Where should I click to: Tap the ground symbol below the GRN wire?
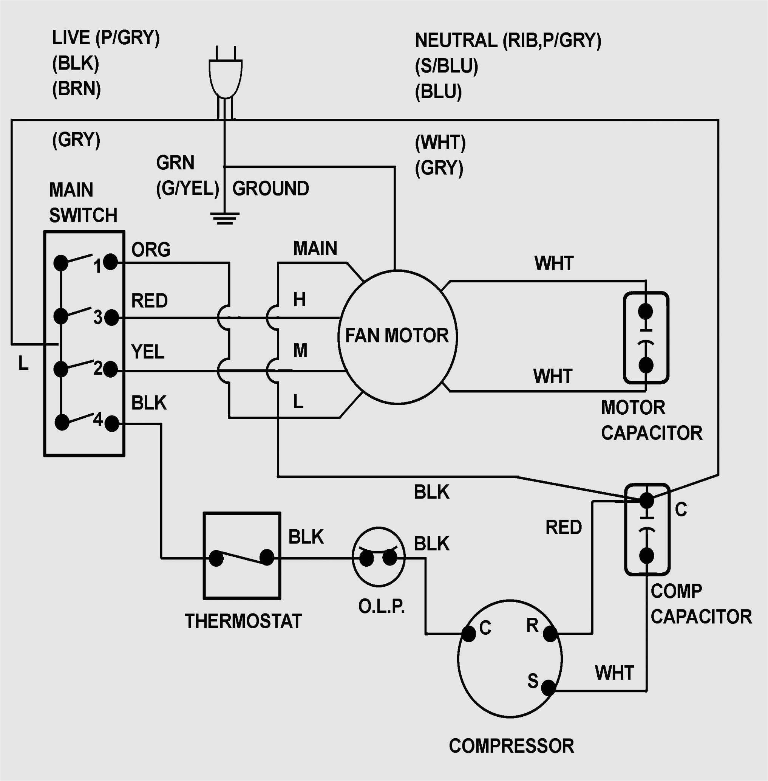(x=225, y=218)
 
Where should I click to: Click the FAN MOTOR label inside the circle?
(x=397, y=336)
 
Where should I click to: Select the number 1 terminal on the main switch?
(x=110, y=262)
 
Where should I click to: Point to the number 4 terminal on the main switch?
(x=112, y=424)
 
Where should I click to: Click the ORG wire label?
(x=151, y=250)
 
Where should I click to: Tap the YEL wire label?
(x=148, y=352)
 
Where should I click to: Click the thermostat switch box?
(x=242, y=556)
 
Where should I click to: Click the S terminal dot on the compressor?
(x=548, y=688)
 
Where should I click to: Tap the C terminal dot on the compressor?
(x=468, y=634)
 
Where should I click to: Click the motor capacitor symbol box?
(x=646, y=338)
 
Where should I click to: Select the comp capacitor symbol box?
(x=647, y=529)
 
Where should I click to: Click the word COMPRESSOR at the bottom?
(x=511, y=746)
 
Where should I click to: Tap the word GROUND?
(x=270, y=189)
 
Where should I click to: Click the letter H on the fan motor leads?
(x=299, y=300)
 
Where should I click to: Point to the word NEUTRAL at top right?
(x=456, y=41)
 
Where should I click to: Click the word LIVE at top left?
(x=71, y=37)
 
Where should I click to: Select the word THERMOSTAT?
(x=243, y=621)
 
